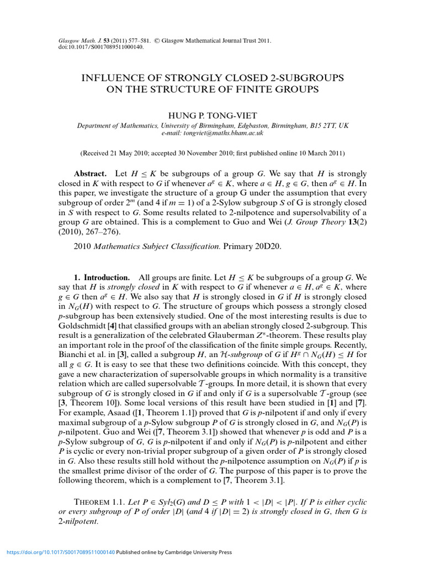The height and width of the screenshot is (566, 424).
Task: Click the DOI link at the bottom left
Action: pos(60,552)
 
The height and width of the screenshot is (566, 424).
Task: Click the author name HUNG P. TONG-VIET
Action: pos(212,115)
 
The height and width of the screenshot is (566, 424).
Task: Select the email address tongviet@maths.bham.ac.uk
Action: pos(212,133)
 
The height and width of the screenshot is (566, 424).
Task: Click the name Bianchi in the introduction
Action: pos(73,356)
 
